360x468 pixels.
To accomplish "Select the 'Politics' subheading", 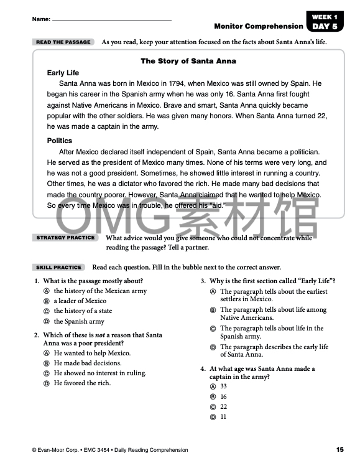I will (x=60, y=141).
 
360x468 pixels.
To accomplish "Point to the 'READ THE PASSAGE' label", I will (x=63, y=42).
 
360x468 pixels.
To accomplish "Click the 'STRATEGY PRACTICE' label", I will (x=65, y=238).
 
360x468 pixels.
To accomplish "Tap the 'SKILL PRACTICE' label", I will (x=59, y=268).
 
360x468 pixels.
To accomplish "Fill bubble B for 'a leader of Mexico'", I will (x=46, y=301).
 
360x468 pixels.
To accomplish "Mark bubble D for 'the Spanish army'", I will (x=46, y=322).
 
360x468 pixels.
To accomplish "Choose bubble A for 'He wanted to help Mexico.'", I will (x=46, y=353).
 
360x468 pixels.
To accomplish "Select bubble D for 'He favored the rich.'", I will (x=46, y=383).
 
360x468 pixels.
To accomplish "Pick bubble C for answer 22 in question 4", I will (x=213, y=407).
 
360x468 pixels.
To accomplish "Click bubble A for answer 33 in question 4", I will (x=213, y=386).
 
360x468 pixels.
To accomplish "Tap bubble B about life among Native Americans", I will (x=213, y=310).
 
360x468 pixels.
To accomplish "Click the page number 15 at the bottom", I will (x=339, y=450).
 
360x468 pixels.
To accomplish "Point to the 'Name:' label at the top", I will (x=41, y=20).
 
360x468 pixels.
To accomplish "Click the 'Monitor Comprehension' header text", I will (x=257, y=26).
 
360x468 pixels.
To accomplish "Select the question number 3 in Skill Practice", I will (x=203, y=281).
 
